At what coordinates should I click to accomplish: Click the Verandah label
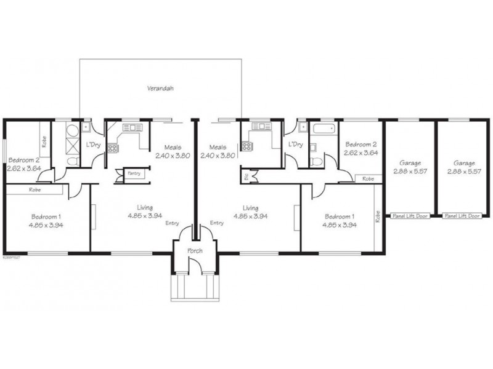point(160,89)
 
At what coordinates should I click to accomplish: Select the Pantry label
point(134,174)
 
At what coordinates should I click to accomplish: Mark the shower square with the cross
point(71,146)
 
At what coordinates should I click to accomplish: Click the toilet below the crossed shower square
point(71,161)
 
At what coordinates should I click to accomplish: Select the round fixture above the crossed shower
point(71,130)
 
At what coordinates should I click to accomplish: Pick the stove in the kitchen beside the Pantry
point(113,148)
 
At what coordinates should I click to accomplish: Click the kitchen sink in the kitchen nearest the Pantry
point(132,127)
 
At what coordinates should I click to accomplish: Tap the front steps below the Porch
point(195,288)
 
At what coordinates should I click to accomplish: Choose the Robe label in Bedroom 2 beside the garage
point(368,179)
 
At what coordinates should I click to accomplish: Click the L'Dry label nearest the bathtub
point(296,145)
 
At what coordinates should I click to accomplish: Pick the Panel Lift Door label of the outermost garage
point(462,216)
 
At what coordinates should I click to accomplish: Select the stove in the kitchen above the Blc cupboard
point(246,147)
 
